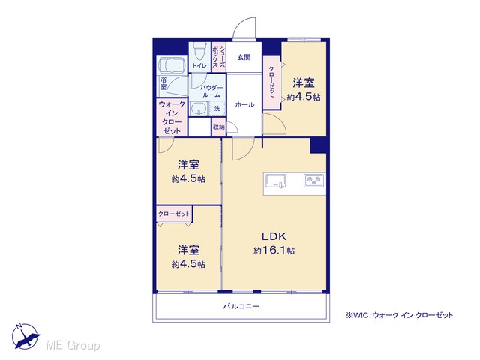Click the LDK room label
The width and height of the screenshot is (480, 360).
pos(274,236)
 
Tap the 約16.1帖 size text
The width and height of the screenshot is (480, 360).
pos(274,250)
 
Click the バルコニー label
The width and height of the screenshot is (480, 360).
pos(241,306)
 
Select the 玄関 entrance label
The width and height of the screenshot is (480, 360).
pos(244,57)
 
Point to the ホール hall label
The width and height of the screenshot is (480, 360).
pos(244,105)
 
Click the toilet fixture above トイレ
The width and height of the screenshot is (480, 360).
pos(199,52)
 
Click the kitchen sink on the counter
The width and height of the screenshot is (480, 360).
pos(275,181)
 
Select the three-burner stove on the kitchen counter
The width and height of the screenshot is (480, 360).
pos(313,180)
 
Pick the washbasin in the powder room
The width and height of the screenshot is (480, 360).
pos(198,109)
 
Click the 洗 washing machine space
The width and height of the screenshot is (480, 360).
pos(217,108)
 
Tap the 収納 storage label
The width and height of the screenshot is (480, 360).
pos(218,127)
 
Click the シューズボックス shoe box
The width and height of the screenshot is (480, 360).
pos(219,57)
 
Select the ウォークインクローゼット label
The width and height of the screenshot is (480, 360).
pos(172,118)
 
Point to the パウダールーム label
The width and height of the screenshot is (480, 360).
pos(211,91)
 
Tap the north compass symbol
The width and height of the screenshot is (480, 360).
pos(25,336)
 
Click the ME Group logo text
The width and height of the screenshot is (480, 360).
pos(73,345)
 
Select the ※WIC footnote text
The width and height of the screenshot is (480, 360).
pos(399,315)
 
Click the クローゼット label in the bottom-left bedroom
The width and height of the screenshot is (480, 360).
pos(174,214)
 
